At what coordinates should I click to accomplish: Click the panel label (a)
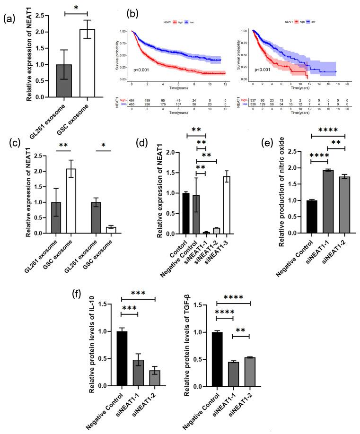pos(11,20)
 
